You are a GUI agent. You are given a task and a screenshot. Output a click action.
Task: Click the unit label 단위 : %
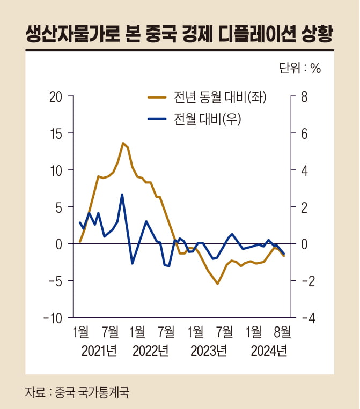pos(299,69)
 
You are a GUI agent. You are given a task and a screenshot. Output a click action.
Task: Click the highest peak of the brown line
pos(123,143)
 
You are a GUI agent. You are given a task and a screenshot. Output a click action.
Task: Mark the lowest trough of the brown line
pos(217,284)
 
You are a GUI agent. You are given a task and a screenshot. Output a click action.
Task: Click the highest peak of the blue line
pos(122,194)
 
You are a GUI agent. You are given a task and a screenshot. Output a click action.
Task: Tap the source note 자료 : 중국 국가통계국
pos(77,392)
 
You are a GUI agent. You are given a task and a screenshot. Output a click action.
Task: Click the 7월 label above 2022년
pos(166,333)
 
